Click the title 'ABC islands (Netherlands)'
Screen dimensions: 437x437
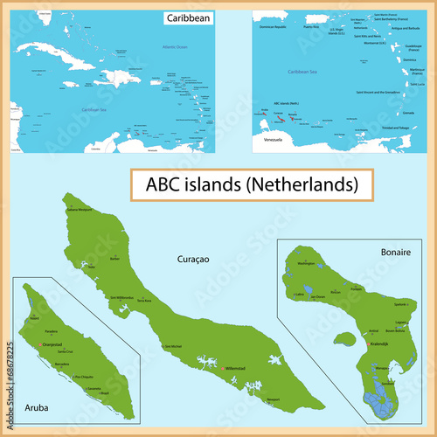[245, 185]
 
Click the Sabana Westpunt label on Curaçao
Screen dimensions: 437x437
[79, 211]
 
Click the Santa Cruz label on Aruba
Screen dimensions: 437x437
[66, 351]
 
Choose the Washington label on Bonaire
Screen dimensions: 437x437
[306, 263]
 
